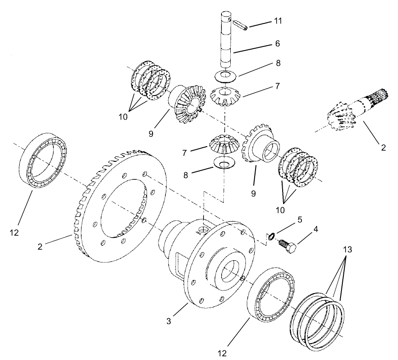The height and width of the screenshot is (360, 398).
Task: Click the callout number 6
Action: point(277,44)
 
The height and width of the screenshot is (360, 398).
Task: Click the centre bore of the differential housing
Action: point(228,273)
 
